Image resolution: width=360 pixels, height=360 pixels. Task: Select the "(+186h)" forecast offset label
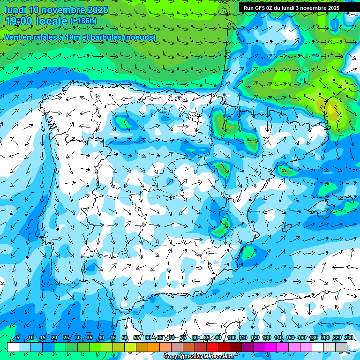pos(83,21)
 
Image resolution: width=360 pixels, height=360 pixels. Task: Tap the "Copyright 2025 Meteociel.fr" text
pos(199,357)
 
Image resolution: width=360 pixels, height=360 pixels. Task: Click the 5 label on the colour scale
pos(18,338)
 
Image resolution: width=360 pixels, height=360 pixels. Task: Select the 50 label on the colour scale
pos(125,338)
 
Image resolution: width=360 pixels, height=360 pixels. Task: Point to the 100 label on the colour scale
pos(232,338)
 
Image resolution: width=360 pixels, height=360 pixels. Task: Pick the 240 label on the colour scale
pos(349,338)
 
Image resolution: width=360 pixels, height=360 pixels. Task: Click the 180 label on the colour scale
pos(314,338)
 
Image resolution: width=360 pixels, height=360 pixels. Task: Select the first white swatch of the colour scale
pos(13,347)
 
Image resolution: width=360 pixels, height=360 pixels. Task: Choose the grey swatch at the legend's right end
pos(341,347)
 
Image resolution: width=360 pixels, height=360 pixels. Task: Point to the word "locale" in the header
pos(53,21)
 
